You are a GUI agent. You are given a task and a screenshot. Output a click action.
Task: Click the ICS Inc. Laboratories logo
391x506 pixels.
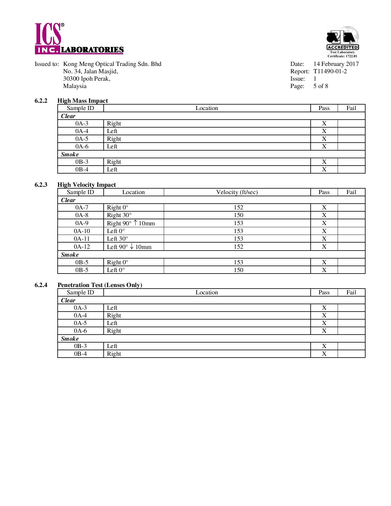tap(79, 39)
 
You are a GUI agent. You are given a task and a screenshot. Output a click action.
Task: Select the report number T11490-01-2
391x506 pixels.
tap(330, 71)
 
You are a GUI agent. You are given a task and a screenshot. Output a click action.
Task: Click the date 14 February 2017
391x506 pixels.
tap(336, 64)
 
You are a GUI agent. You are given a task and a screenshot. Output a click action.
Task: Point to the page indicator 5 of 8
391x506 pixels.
tap(320, 86)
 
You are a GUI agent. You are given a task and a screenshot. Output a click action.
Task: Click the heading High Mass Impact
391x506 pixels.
tap(82, 101)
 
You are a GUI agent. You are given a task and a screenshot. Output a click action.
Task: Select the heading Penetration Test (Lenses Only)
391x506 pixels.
tap(100, 285)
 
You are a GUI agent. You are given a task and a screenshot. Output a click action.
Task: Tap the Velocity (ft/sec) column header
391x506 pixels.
tap(237, 192)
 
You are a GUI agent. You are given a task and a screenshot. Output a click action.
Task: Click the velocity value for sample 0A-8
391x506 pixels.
tap(238, 215)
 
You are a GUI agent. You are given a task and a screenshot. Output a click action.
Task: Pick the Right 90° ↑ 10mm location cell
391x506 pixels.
tap(131, 223)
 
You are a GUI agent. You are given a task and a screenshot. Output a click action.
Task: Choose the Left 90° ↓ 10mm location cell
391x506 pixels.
tap(129, 247)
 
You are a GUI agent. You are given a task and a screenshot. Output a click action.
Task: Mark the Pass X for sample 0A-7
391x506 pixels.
tap(324, 208)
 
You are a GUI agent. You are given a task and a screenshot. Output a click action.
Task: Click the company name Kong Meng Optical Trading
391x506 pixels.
tap(112, 64)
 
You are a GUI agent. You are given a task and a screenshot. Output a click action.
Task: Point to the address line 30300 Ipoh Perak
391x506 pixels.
tap(87, 79)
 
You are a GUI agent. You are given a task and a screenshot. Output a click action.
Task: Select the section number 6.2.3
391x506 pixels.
tap(41, 185)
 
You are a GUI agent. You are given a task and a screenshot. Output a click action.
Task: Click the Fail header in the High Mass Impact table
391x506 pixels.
tap(351, 108)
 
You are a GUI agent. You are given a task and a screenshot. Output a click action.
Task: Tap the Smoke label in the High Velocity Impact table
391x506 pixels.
tap(70, 255)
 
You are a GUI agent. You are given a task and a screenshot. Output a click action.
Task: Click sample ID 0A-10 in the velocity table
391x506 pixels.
tap(82, 231)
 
